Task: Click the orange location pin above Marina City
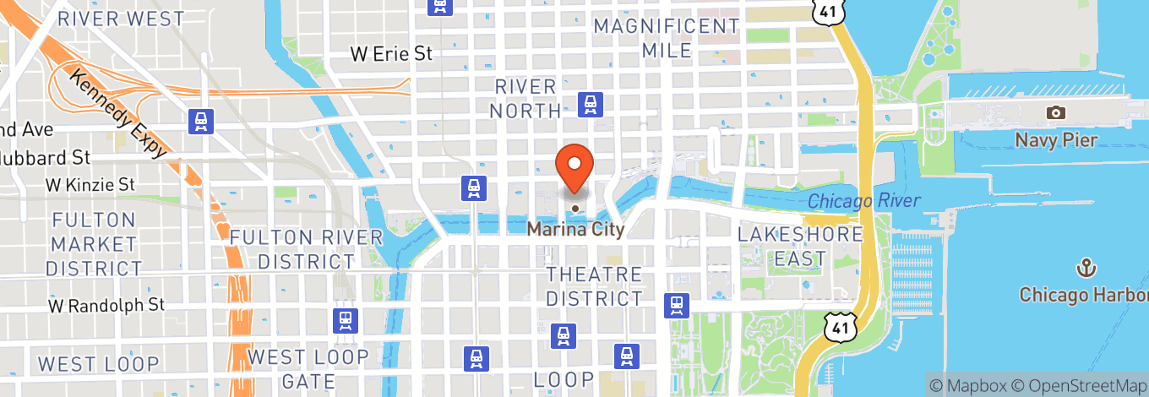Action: [x=574, y=166]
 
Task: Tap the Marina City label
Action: [x=575, y=229]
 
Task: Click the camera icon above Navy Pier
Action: [x=1055, y=112]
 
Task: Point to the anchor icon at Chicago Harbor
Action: [x=1085, y=269]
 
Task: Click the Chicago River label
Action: [x=863, y=201]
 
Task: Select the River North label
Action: [x=526, y=98]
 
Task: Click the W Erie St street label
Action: [x=391, y=54]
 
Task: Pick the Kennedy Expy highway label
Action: [x=117, y=112]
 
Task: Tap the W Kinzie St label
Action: [x=90, y=183]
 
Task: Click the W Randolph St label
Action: [x=106, y=304]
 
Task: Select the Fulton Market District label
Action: [x=93, y=244]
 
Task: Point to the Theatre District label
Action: [x=594, y=286]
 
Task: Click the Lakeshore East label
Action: [x=800, y=247]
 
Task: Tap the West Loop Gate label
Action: [x=308, y=368]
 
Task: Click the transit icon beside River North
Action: [x=589, y=104]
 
